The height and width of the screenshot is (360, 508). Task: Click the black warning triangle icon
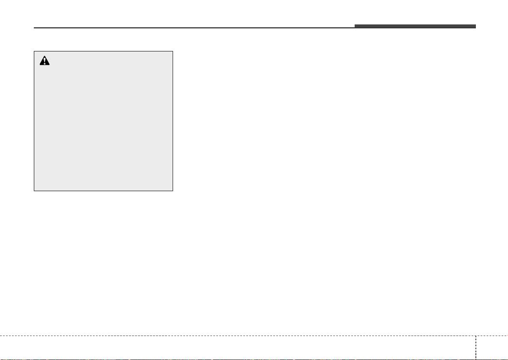pyautogui.click(x=45, y=61)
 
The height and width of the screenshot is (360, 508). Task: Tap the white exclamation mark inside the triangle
pyautogui.click(x=45, y=62)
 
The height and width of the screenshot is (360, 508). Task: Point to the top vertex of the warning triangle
pyautogui.click(x=45, y=57)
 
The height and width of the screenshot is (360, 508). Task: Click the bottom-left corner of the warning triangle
pyautogui.click(x=39, y=65)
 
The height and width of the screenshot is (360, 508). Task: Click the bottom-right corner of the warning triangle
pyautogui.click(x=50, y=65)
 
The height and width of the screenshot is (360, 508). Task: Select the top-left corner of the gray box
pyautogui.click(x=34, y=51)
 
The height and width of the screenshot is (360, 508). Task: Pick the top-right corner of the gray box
pyautogui.click(x=173, y=51)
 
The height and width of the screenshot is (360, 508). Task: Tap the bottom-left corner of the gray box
pyautogui.click(x=34, y=190)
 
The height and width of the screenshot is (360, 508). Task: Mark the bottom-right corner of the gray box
pyautogui.click(x=173, y=190)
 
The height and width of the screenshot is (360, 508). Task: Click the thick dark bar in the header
pyautogui.click(x=415, y=26)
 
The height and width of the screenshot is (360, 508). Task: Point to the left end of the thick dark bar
pyautogui.click(x=355, y=26)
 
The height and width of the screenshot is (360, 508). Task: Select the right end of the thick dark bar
pyautogui.click(x=475, y=26)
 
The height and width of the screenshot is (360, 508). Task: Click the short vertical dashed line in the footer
pyautogui.click(x=475, y=347)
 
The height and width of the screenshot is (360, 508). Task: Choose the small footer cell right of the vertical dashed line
pyautogui.click(x=492, y=348)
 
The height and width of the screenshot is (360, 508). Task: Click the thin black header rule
pyautogui.click(x=193, y=28)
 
